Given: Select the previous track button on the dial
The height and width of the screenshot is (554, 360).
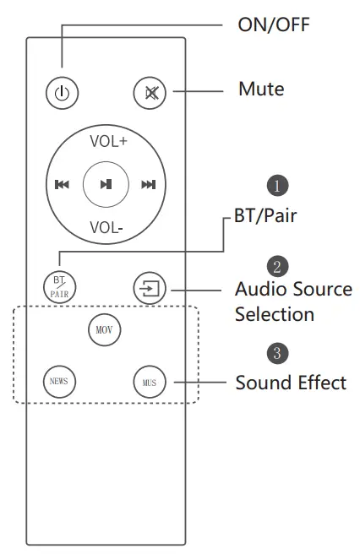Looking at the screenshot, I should click(62, 185).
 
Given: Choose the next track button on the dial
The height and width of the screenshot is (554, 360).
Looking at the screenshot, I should click(149, 185).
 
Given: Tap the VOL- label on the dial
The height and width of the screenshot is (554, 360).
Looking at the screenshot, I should click(106, 226).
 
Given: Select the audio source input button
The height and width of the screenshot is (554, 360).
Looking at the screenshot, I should click(149, 288).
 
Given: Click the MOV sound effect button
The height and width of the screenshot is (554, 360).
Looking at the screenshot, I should click(105, 329).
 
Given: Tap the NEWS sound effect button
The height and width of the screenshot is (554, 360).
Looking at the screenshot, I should click(60, 382).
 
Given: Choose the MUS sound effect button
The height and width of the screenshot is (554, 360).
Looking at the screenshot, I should click(149, 382).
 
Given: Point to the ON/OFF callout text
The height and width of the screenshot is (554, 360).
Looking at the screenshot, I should click(274, 24).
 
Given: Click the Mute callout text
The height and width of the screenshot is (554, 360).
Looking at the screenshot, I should click(261, 89).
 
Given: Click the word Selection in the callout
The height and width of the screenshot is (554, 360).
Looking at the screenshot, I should click(274, 314).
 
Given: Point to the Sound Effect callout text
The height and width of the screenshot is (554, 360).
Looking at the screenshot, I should click(290, 383).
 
